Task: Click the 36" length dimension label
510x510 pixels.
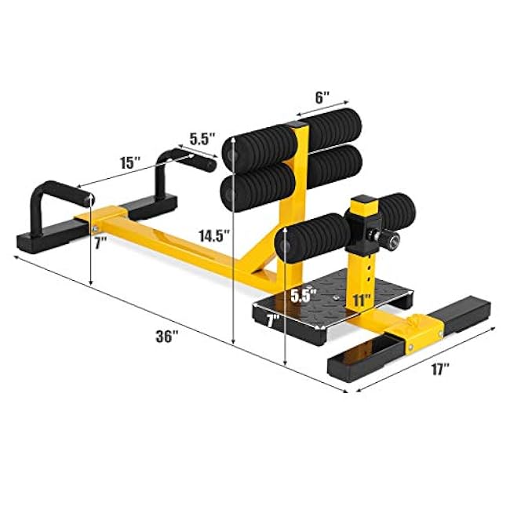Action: (166, 335)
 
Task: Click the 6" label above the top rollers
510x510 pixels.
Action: (322, 99)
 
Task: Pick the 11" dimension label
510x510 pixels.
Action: (362, 299)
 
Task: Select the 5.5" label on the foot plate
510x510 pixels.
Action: (302, 296)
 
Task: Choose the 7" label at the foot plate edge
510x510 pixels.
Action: (272, 320)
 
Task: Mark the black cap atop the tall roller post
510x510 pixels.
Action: (298, 126)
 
